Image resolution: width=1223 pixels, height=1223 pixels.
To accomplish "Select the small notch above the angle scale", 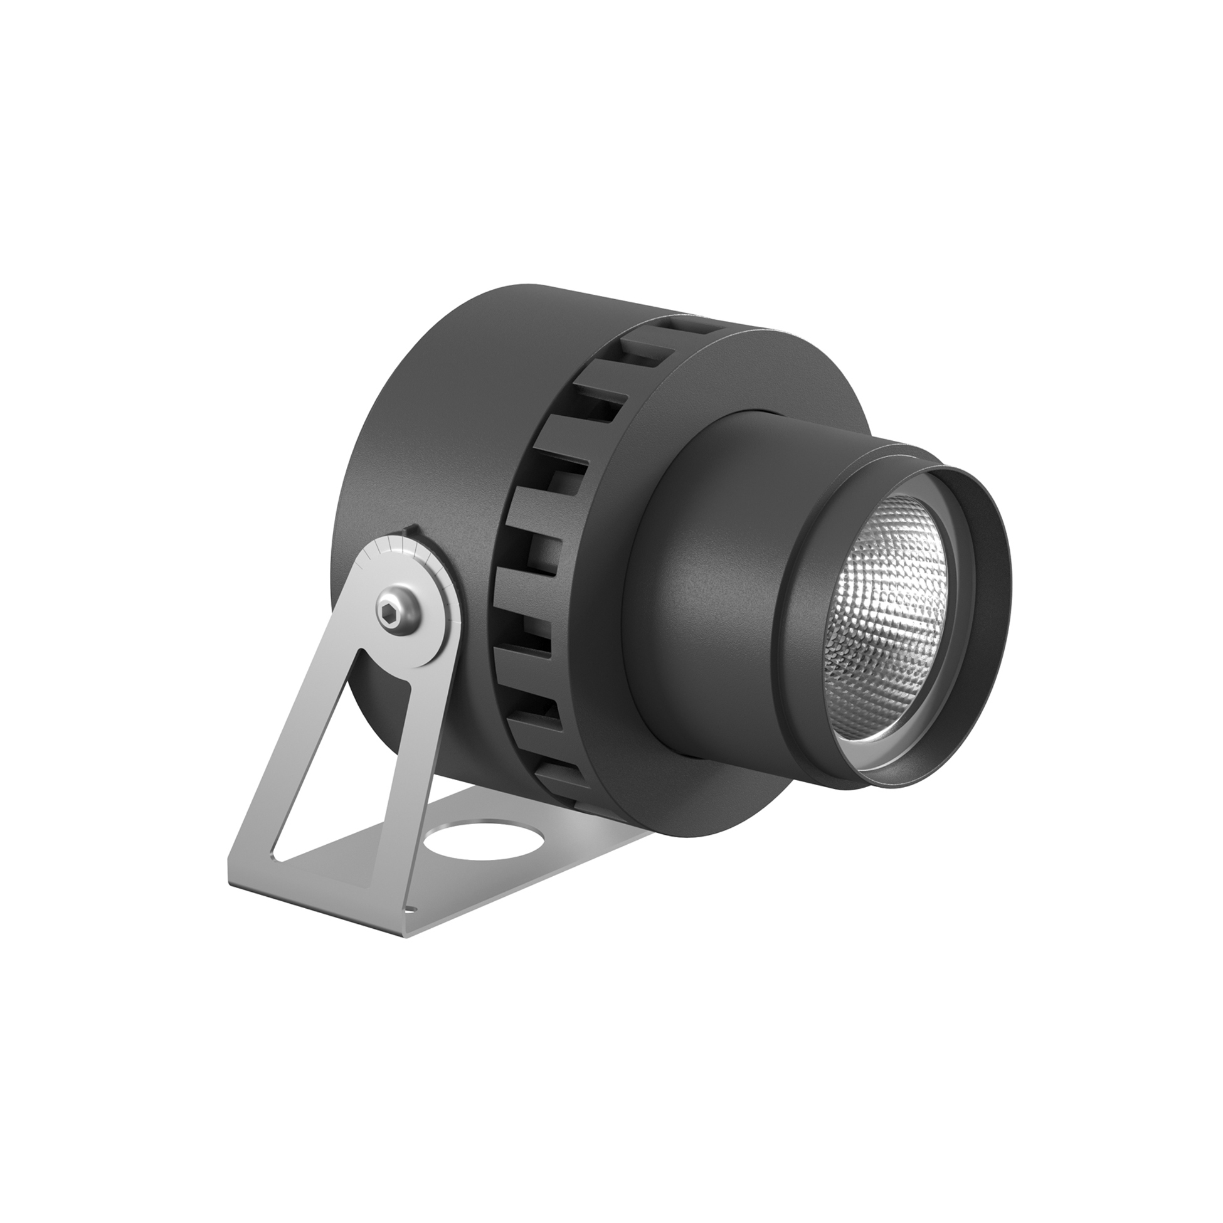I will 411,529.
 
